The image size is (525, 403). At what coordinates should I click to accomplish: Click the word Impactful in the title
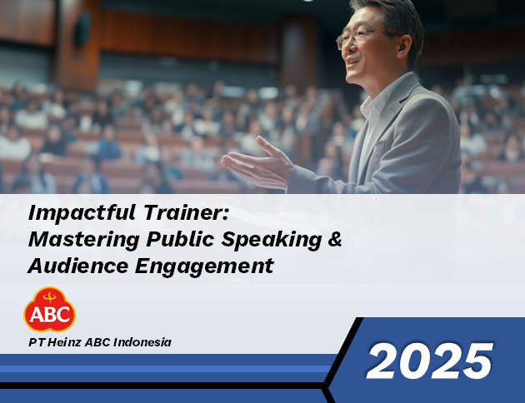tap(82, 213)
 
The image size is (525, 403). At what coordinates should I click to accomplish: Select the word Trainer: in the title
tap(186, 212)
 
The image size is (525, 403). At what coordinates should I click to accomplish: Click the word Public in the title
tap(180, 239)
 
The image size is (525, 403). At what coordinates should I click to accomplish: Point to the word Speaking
tap(271, 240)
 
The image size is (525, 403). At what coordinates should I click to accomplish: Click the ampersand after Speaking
tap(335, 239)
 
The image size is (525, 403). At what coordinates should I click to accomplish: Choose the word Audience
tap(78, 266)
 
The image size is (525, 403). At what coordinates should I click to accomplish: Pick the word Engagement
tap(204, 267)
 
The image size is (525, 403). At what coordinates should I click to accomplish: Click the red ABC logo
tap(49, 310)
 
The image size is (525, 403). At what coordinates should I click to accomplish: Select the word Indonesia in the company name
tap(142, 342)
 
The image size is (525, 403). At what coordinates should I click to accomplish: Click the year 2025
tap(430, 361)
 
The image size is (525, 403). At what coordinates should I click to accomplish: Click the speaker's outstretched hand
tap(257, 162)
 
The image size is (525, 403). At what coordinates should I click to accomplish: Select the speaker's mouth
tap(352, 62)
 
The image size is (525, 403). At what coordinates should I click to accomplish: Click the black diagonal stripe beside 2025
tap(343, 361)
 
